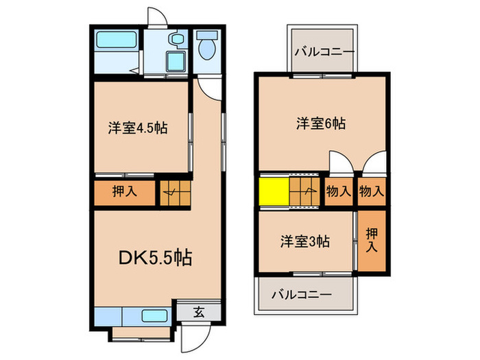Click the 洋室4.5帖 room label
138,128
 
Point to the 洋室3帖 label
304,241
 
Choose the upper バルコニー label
324,51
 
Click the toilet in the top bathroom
207,47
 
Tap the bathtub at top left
116,42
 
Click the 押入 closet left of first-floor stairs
125,191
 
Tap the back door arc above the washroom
157,17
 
